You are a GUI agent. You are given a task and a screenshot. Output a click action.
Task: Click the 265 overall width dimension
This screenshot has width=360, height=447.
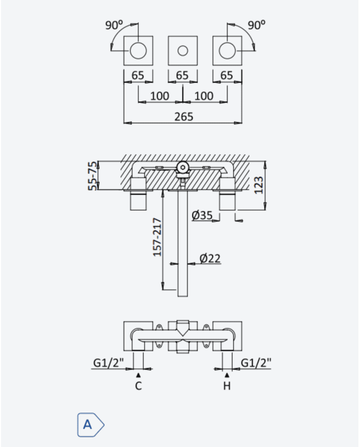184,117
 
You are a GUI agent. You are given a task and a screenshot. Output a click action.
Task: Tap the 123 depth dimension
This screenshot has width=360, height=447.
259,185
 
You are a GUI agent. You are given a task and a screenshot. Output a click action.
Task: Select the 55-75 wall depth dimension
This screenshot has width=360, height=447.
93,176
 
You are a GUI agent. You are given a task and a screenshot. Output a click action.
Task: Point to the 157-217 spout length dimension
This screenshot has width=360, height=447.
157,237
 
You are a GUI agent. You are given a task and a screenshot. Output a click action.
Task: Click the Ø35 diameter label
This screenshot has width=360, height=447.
202,215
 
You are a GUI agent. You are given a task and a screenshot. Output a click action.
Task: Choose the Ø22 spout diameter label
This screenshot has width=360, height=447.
210,258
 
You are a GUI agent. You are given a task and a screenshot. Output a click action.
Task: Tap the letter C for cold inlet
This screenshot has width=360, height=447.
138,386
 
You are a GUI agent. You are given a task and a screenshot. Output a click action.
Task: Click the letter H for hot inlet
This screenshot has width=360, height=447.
227,386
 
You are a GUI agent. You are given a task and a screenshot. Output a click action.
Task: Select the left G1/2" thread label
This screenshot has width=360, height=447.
109,363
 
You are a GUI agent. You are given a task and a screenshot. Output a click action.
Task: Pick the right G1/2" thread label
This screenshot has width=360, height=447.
256,363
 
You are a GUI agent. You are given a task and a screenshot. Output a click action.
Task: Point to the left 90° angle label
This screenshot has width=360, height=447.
114,25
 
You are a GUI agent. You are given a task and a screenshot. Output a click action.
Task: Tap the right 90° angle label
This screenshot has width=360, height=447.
257,25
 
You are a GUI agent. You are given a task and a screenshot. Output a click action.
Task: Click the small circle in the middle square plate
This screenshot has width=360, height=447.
183,51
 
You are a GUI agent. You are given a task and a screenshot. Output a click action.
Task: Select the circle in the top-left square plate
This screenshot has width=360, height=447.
138,51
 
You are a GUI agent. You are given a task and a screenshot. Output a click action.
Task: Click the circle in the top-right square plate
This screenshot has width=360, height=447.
227,51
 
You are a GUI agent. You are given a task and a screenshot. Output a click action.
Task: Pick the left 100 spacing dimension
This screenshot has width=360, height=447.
159,96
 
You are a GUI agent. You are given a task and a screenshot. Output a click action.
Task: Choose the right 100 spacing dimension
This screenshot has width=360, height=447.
204,96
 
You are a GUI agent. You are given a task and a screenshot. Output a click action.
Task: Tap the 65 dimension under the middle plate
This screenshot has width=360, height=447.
183,76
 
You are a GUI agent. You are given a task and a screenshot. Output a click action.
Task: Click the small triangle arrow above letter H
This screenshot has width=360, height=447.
227,375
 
